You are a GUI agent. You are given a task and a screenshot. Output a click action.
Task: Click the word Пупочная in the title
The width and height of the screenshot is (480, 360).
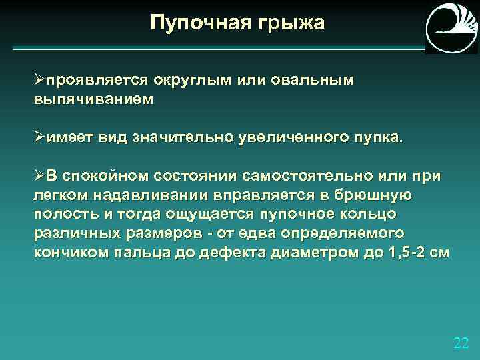coord(196,23)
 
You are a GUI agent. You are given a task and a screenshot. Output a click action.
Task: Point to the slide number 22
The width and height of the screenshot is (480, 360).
coord(461,343)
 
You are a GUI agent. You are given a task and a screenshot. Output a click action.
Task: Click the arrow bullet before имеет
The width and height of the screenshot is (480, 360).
coord(39,137)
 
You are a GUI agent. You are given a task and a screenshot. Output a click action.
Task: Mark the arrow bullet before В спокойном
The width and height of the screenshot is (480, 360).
coord(39,175)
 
